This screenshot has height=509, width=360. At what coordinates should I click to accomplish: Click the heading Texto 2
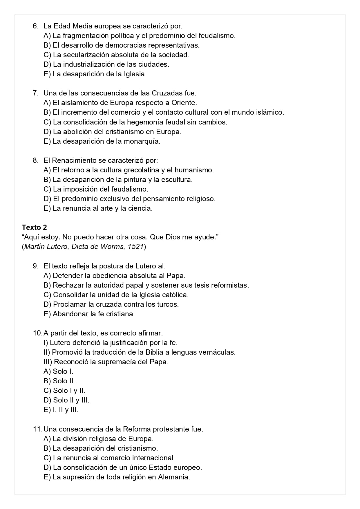34,227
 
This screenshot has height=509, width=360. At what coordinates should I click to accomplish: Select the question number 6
35,26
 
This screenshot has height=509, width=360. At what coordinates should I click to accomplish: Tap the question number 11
37,429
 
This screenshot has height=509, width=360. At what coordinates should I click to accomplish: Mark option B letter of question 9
47,285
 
